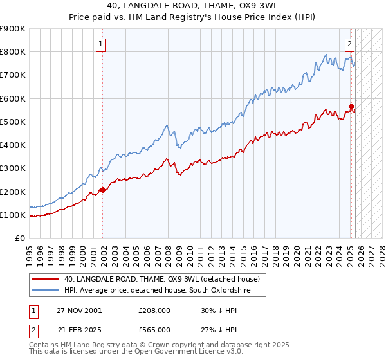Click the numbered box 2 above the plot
click(x=349, y=44)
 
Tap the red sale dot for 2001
click(x=102, y=190)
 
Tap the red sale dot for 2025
click(x=351, y=107)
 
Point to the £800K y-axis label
click(x=13, y=52)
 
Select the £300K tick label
click(x=13, y=168)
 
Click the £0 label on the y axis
click(x=19, y=239)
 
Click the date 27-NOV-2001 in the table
click(x=79, y=310)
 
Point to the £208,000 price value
click(x=154, y=310)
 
